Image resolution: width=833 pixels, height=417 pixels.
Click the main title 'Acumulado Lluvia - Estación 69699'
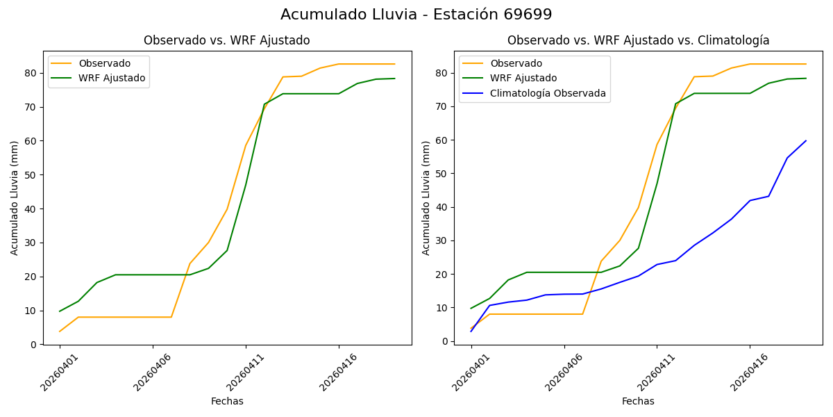click(x=416, y=15)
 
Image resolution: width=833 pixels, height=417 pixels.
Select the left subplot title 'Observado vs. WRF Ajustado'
click(x=226, y=40)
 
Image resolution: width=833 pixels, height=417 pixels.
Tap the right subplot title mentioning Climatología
click(x=638, y=40)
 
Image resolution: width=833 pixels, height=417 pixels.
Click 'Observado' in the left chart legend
click(x=104, y=63)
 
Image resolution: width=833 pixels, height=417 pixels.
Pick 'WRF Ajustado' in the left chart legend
click(x=112, y=78)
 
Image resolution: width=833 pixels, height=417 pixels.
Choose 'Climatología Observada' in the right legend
click(x=548, y=93)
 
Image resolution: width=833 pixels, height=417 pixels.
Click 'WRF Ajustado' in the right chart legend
click(x=523, y=78)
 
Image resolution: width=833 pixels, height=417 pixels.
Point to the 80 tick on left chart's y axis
click(x=31, y=73)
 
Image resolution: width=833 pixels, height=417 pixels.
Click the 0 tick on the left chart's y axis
click(x=33, y=345)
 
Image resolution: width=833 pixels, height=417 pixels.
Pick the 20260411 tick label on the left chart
click(x=245, y=373)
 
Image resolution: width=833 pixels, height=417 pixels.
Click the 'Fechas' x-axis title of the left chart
click(x=227, y=401)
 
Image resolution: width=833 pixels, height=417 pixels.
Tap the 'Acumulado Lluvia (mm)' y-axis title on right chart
click(x=426, y=197)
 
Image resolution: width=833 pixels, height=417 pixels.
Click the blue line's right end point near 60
click(x=805, y=140)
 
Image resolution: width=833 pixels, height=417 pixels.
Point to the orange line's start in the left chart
click(x=60, y=331)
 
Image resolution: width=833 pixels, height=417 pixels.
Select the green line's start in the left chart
click(x=60, y=311)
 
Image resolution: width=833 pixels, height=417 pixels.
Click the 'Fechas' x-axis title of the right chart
click(x=638, y=401)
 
